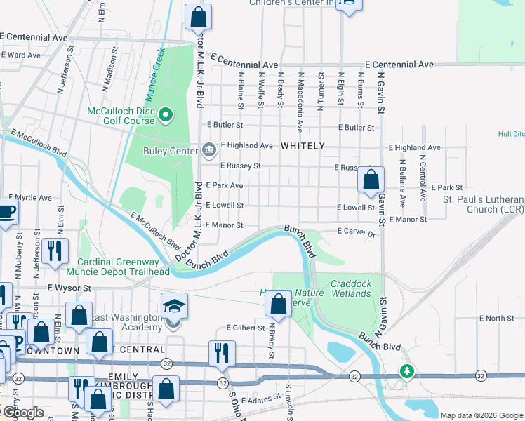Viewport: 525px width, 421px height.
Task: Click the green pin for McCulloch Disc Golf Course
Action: pos(166,114)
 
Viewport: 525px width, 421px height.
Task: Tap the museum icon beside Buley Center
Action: pos(209,150)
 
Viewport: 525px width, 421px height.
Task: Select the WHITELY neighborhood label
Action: pos(303,146)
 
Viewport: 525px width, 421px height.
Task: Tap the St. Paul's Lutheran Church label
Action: pos(484,204)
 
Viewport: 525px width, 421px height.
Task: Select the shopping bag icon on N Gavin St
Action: pos(371,180)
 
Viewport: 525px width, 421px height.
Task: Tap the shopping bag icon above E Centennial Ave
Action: pos(199,15)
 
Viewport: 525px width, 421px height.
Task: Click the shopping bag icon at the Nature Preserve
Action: pos(279,305)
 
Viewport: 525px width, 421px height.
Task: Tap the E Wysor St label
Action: pos(69,288)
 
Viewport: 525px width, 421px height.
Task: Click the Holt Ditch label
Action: pos(511,133)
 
